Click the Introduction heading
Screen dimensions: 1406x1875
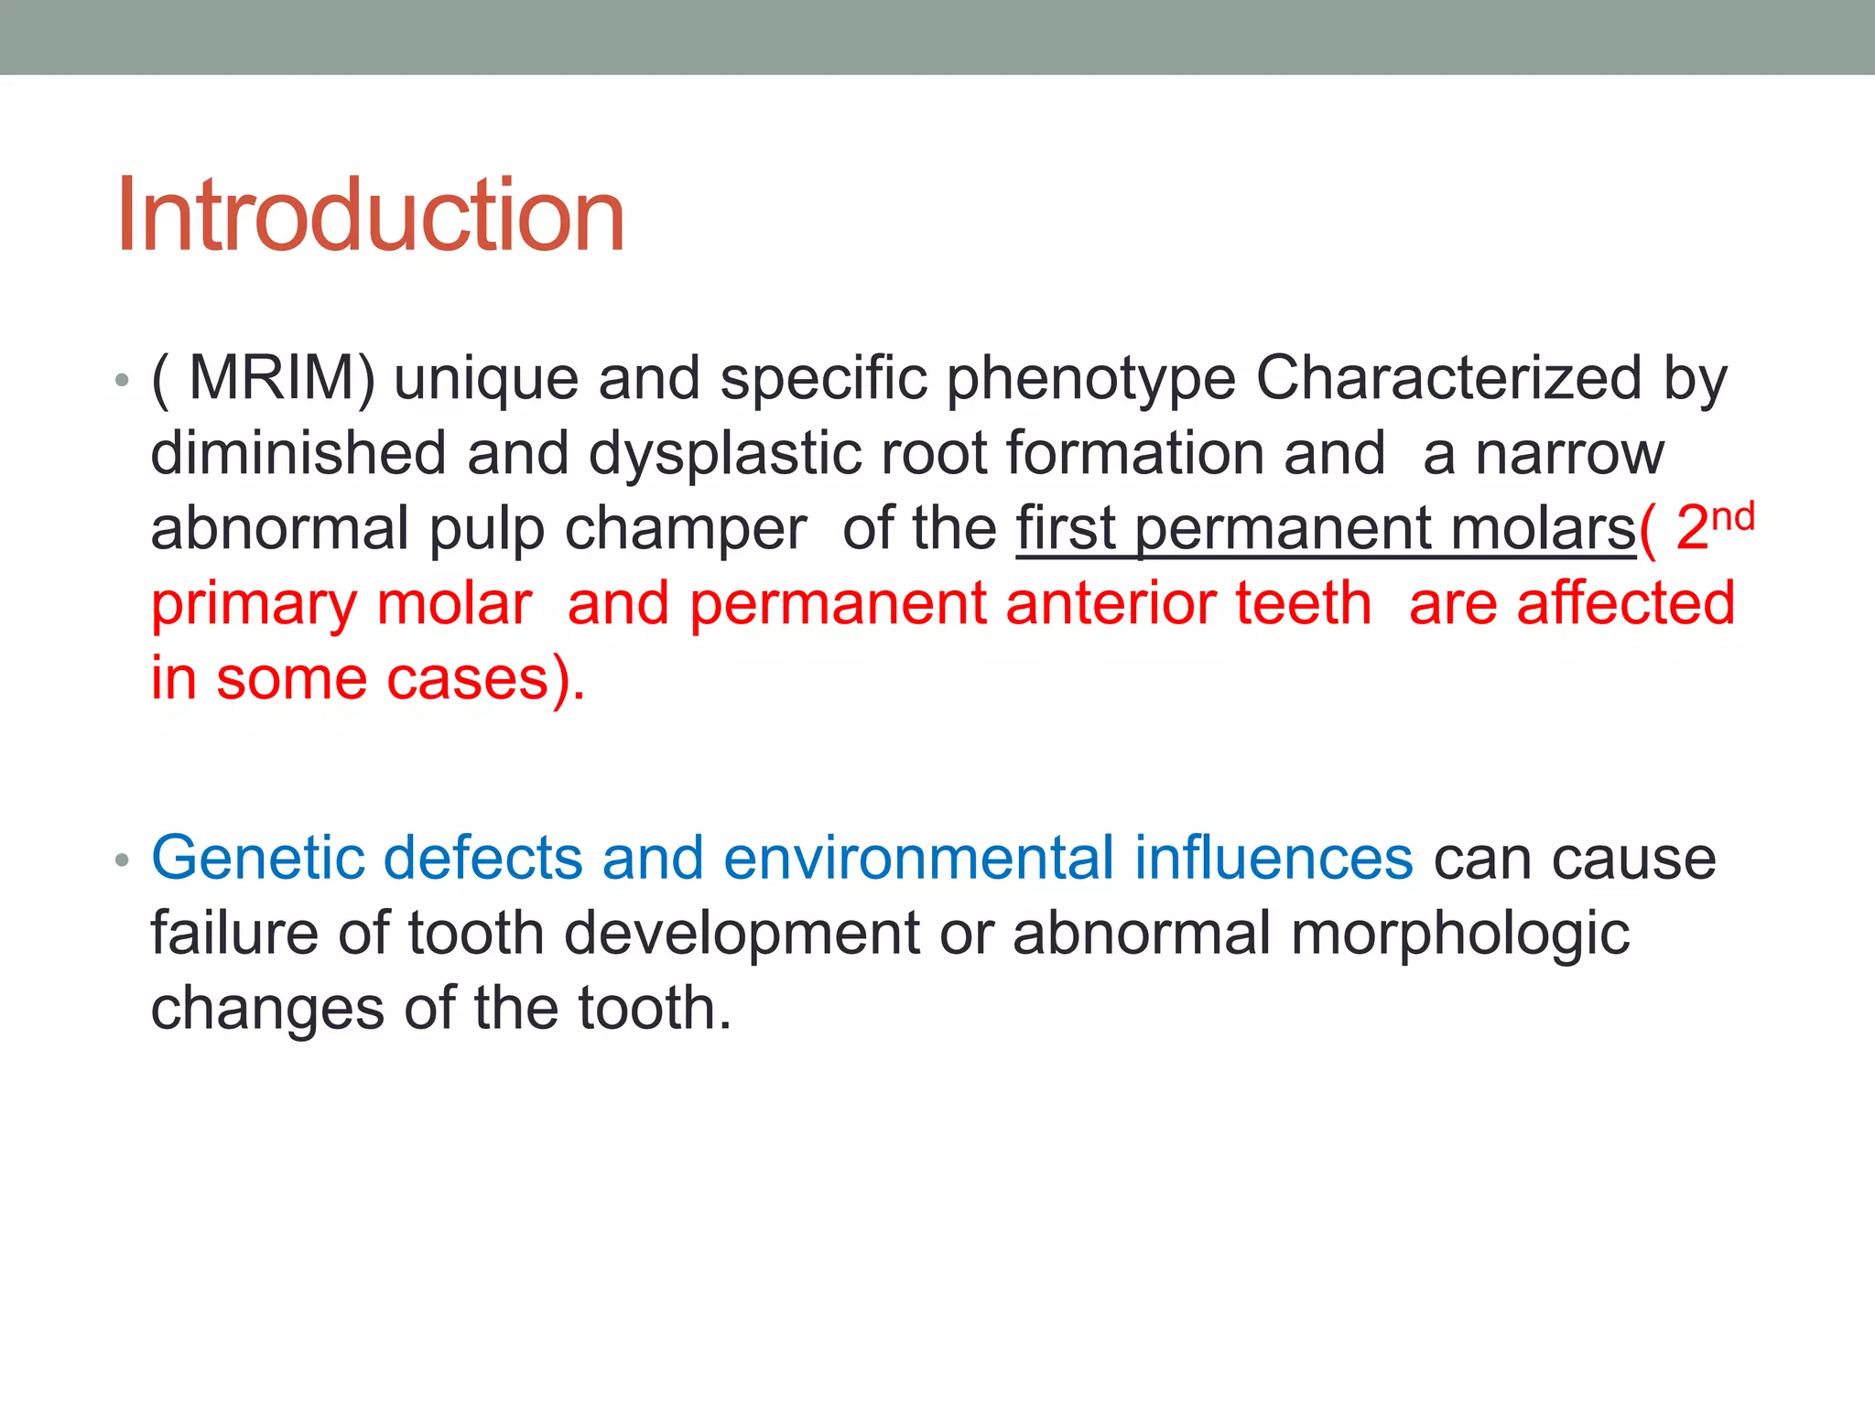370,215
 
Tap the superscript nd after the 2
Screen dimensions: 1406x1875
1732,517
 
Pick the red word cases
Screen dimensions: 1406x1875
467,679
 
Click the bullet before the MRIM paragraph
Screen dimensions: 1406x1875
123,380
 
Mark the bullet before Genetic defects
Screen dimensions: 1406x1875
123,860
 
